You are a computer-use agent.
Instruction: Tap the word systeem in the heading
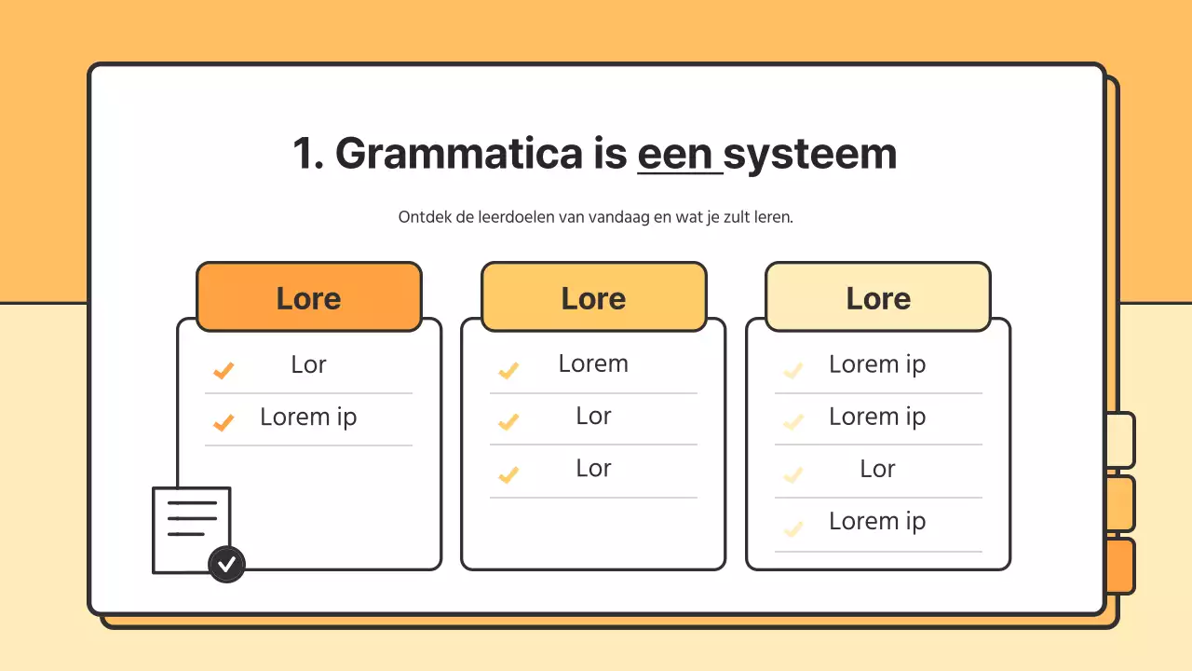tap(810, 154)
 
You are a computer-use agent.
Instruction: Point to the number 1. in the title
tap(307, 154)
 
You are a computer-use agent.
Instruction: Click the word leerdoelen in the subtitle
tap(515, 217)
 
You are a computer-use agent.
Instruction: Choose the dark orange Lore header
tap(308, 298)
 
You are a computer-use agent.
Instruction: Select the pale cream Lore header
tap(878, 298)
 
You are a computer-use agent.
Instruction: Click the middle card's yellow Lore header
tap(593, 298)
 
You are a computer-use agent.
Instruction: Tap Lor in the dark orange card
tap(308, 364)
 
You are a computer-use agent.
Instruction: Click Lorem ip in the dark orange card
tap(308, 417)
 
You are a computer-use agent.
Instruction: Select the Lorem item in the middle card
tap(593, 363)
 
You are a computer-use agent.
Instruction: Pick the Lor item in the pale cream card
tap(877, 469)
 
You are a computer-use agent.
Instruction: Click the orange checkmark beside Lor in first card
tap(223, 371)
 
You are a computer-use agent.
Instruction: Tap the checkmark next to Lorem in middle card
tap(508, 371)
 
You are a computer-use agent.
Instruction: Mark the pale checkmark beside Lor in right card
tap(793, 475)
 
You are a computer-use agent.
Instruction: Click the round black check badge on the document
tap(226, 564)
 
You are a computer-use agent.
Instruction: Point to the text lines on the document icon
tap(191, 519)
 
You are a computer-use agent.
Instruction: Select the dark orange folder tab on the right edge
tap(1122, 566)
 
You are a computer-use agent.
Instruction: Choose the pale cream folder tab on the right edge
tap(1122, 440)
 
